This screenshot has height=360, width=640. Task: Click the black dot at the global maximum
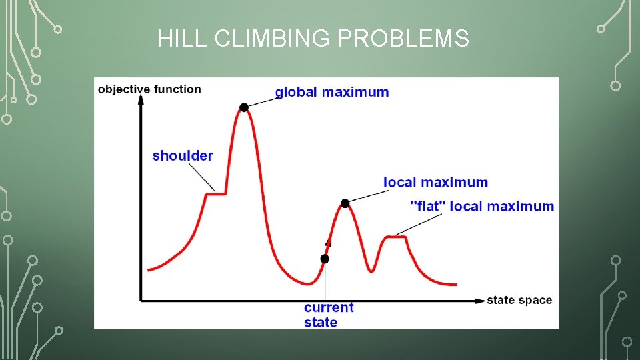coord(244,107)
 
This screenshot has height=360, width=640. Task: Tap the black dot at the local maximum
coord(345,203)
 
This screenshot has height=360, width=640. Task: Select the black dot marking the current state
coord(325,259)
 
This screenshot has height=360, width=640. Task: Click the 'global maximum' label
coord(332,92)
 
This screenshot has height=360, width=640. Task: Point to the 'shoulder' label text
coord(183,156)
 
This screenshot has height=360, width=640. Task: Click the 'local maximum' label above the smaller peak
coord(435,182)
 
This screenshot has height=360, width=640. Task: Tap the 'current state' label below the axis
coord(329,315)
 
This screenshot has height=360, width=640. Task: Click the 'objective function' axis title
coord(149,89)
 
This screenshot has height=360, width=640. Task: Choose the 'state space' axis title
coord(519,300)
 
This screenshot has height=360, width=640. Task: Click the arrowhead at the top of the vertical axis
coord(141,99)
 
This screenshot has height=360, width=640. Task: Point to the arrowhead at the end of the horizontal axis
coord(480,301)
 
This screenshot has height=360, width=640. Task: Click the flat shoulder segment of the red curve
coord(216,193)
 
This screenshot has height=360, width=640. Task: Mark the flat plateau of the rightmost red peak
coord(397,237)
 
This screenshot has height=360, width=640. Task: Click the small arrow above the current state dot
coord(327,243)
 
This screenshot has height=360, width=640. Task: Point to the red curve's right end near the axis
coord(455,284)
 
